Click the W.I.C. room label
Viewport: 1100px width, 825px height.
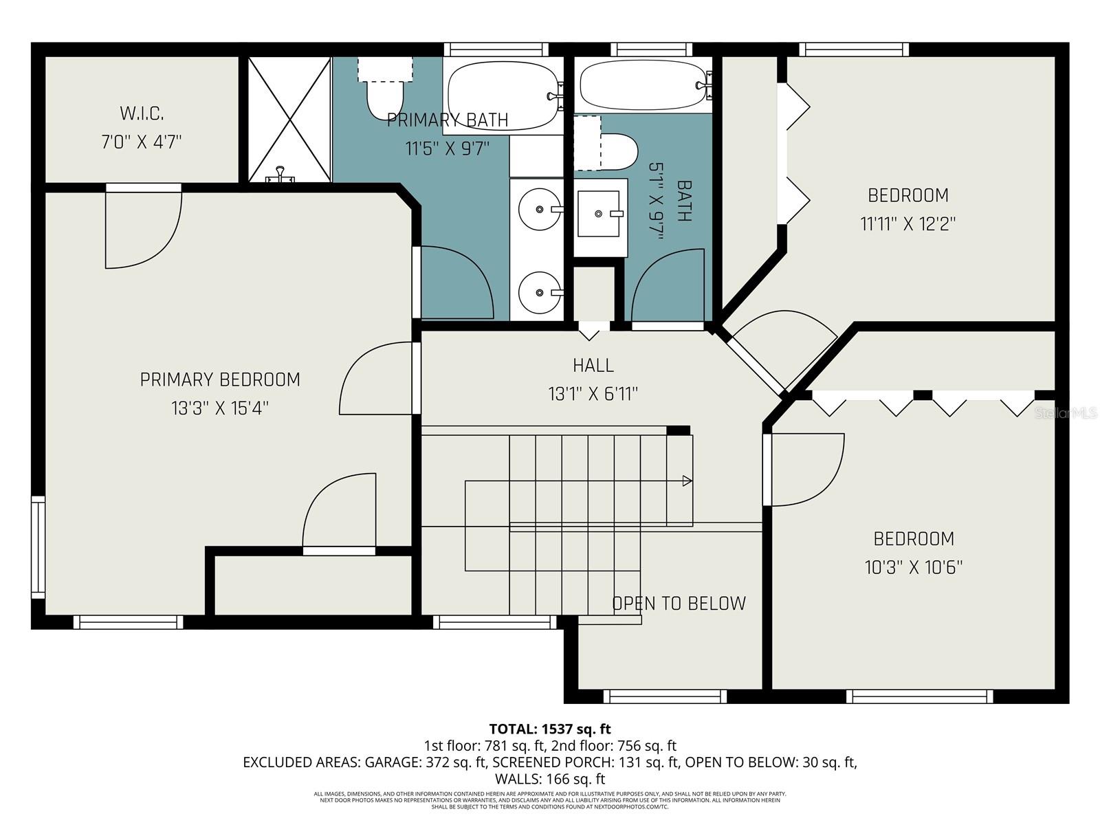(142, 113)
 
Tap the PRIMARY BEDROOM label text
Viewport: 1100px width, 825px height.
(220, 379)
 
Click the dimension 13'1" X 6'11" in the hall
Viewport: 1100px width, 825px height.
(593, 395)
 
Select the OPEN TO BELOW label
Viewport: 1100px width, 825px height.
(679, 604)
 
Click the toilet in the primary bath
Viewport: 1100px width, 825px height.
(384, 96)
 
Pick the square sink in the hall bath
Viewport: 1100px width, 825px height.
(600, 214)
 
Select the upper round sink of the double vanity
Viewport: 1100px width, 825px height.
(539, 208)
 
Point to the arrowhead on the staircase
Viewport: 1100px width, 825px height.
(686, 481)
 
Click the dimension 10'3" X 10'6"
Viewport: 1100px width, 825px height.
(913, 568)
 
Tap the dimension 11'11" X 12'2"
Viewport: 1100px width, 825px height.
(908, 224)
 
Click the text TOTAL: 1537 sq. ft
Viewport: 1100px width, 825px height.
(549, 729)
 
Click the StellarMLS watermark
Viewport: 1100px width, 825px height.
(1066, 413)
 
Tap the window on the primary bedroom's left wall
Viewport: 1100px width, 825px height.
(38, 547)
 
